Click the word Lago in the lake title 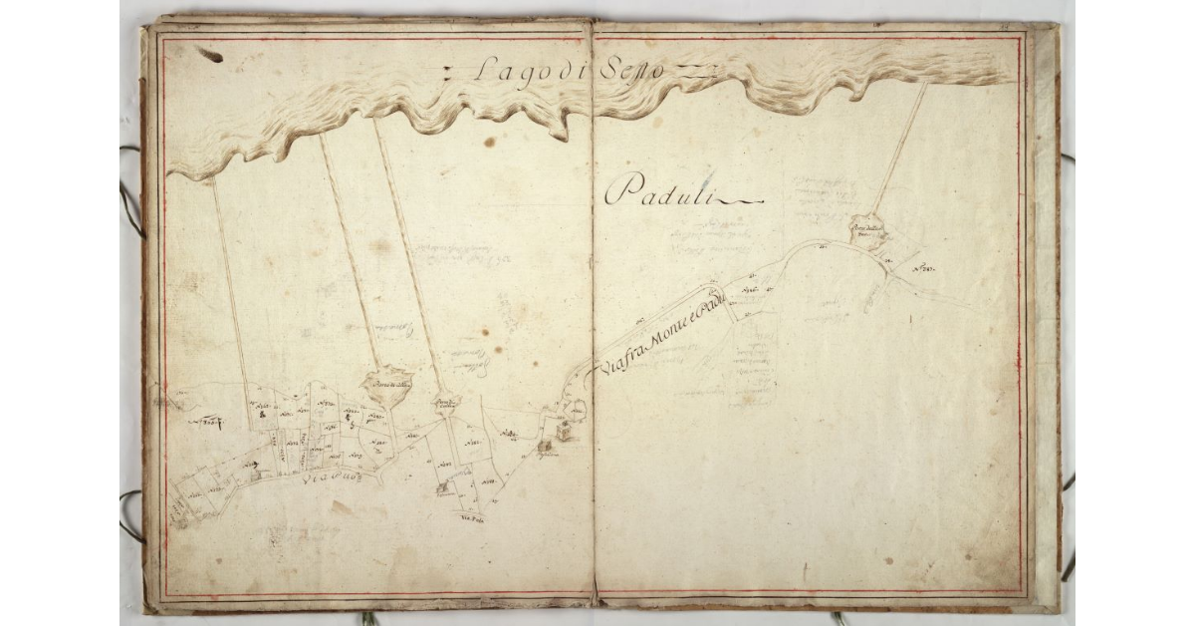(510, 71)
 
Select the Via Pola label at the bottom (470, 519)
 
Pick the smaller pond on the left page (445, 404)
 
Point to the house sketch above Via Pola (443, 488)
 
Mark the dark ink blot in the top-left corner (209, 54)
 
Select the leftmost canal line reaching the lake (229, 289)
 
